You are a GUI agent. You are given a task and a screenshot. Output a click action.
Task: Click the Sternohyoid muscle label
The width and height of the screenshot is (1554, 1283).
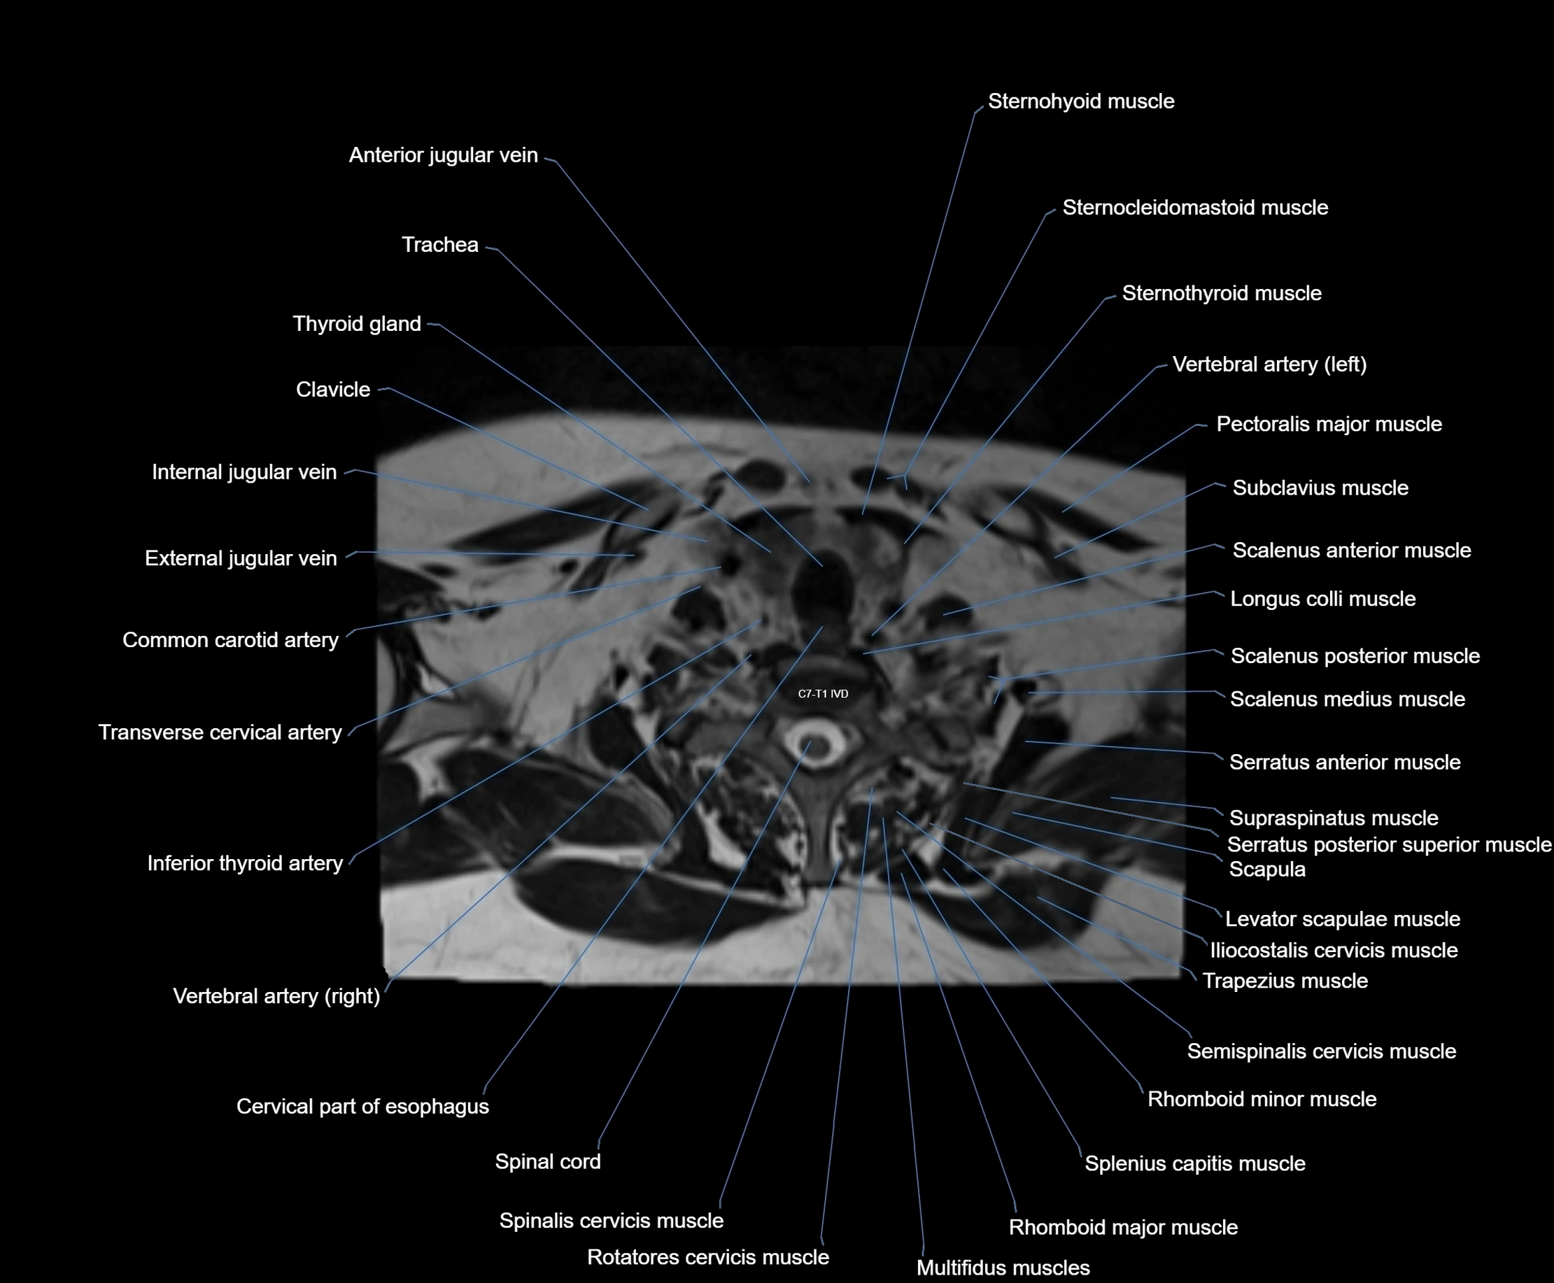(x=1081, y=101)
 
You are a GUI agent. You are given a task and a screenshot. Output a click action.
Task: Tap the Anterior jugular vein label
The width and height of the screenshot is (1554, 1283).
(x=443, y=155)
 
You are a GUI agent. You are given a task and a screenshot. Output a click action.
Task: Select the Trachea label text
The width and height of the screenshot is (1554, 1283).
(x=440, y=245)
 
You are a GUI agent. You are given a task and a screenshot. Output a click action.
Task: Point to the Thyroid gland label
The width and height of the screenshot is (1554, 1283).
(x=356, y=324)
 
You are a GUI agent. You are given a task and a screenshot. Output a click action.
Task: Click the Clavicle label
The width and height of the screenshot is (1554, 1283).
(x=332, y=390)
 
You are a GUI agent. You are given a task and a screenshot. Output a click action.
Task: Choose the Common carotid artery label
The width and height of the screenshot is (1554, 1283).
(x=230, y=640)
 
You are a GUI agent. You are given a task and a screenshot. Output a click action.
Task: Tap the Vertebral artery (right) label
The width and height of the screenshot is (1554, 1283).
(x=276, y=996)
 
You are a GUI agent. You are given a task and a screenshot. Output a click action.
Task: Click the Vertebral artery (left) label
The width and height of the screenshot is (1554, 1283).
(x=1269, y=364)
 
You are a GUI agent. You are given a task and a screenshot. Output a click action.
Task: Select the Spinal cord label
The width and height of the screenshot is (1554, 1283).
(x=547, y=1162)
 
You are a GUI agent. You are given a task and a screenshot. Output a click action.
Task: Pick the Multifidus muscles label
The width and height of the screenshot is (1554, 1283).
(x=1003, y=1268)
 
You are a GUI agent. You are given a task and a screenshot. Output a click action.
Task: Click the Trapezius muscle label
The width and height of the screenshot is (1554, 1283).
(x=1285, y=981)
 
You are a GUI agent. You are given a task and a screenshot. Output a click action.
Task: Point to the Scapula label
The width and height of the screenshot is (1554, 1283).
(x=1267, y=869)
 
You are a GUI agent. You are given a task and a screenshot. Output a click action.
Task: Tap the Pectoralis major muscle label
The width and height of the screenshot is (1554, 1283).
(x=1329, y=424)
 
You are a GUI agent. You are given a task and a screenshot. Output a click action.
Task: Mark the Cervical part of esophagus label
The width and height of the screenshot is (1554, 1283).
(x=362, y=1107)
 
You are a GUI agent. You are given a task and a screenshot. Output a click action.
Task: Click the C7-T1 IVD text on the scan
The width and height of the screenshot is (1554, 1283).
(x=823, y=694)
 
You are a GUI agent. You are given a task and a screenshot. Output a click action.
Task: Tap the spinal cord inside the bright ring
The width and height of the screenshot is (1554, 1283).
(x=814, y=745)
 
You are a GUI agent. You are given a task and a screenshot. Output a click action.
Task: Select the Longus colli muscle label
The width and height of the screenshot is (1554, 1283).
(x=1322, y=599)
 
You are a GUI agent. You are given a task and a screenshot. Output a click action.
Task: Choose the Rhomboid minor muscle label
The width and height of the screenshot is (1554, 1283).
(x=1262, y=1099)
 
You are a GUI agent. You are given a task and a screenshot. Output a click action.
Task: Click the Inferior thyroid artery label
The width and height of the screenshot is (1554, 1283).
(x=245, y=863)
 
